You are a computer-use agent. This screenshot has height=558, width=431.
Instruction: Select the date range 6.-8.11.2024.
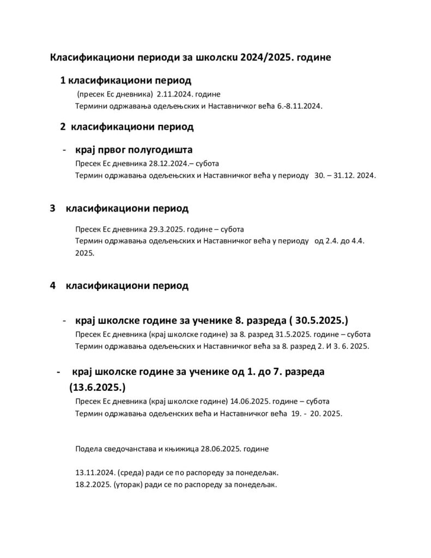(x=296, y=106)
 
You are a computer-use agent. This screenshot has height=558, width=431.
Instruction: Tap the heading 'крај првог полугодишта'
(x=134, y=150)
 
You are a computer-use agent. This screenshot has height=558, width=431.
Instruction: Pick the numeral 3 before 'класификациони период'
(x=52, y=208)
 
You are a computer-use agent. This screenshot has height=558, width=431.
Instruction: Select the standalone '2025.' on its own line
(x=85, y=253)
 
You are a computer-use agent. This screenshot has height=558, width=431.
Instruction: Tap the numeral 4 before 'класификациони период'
(x=52, y=286)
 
